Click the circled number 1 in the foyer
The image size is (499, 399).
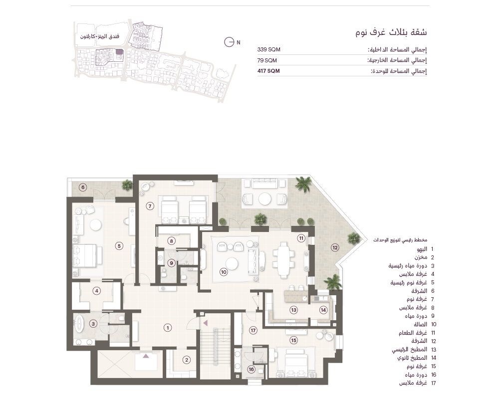[x=168, y=328]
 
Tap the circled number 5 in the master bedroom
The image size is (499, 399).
[x=119, y=246]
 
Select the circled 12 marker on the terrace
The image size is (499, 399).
[x=335, y=247]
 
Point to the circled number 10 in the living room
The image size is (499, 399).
[x=224, y=272]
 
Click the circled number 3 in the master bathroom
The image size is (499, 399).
[x=93, y=324]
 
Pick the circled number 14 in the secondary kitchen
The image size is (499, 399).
[x=323, y=310]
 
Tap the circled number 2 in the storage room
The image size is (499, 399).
[x=187, y=360]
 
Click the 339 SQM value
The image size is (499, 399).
[x=269, y=49]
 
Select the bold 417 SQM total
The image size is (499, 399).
[x=268, y=71]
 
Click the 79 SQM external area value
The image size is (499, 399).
[x=267, y=60]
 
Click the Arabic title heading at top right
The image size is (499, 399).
[x=391, y=32]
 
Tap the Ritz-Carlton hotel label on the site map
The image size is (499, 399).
[x=100, y=36]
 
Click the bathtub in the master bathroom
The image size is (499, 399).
[x=79, y=324]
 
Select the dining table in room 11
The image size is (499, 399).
[x=283, y=258]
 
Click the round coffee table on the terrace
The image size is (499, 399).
[x=265, y=199]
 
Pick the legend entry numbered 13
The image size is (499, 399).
[x=414, y=349]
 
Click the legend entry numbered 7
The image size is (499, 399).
[x=420, y=299]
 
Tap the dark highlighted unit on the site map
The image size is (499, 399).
[x=119, y=52]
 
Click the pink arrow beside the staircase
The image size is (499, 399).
[x=205, y=323]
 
